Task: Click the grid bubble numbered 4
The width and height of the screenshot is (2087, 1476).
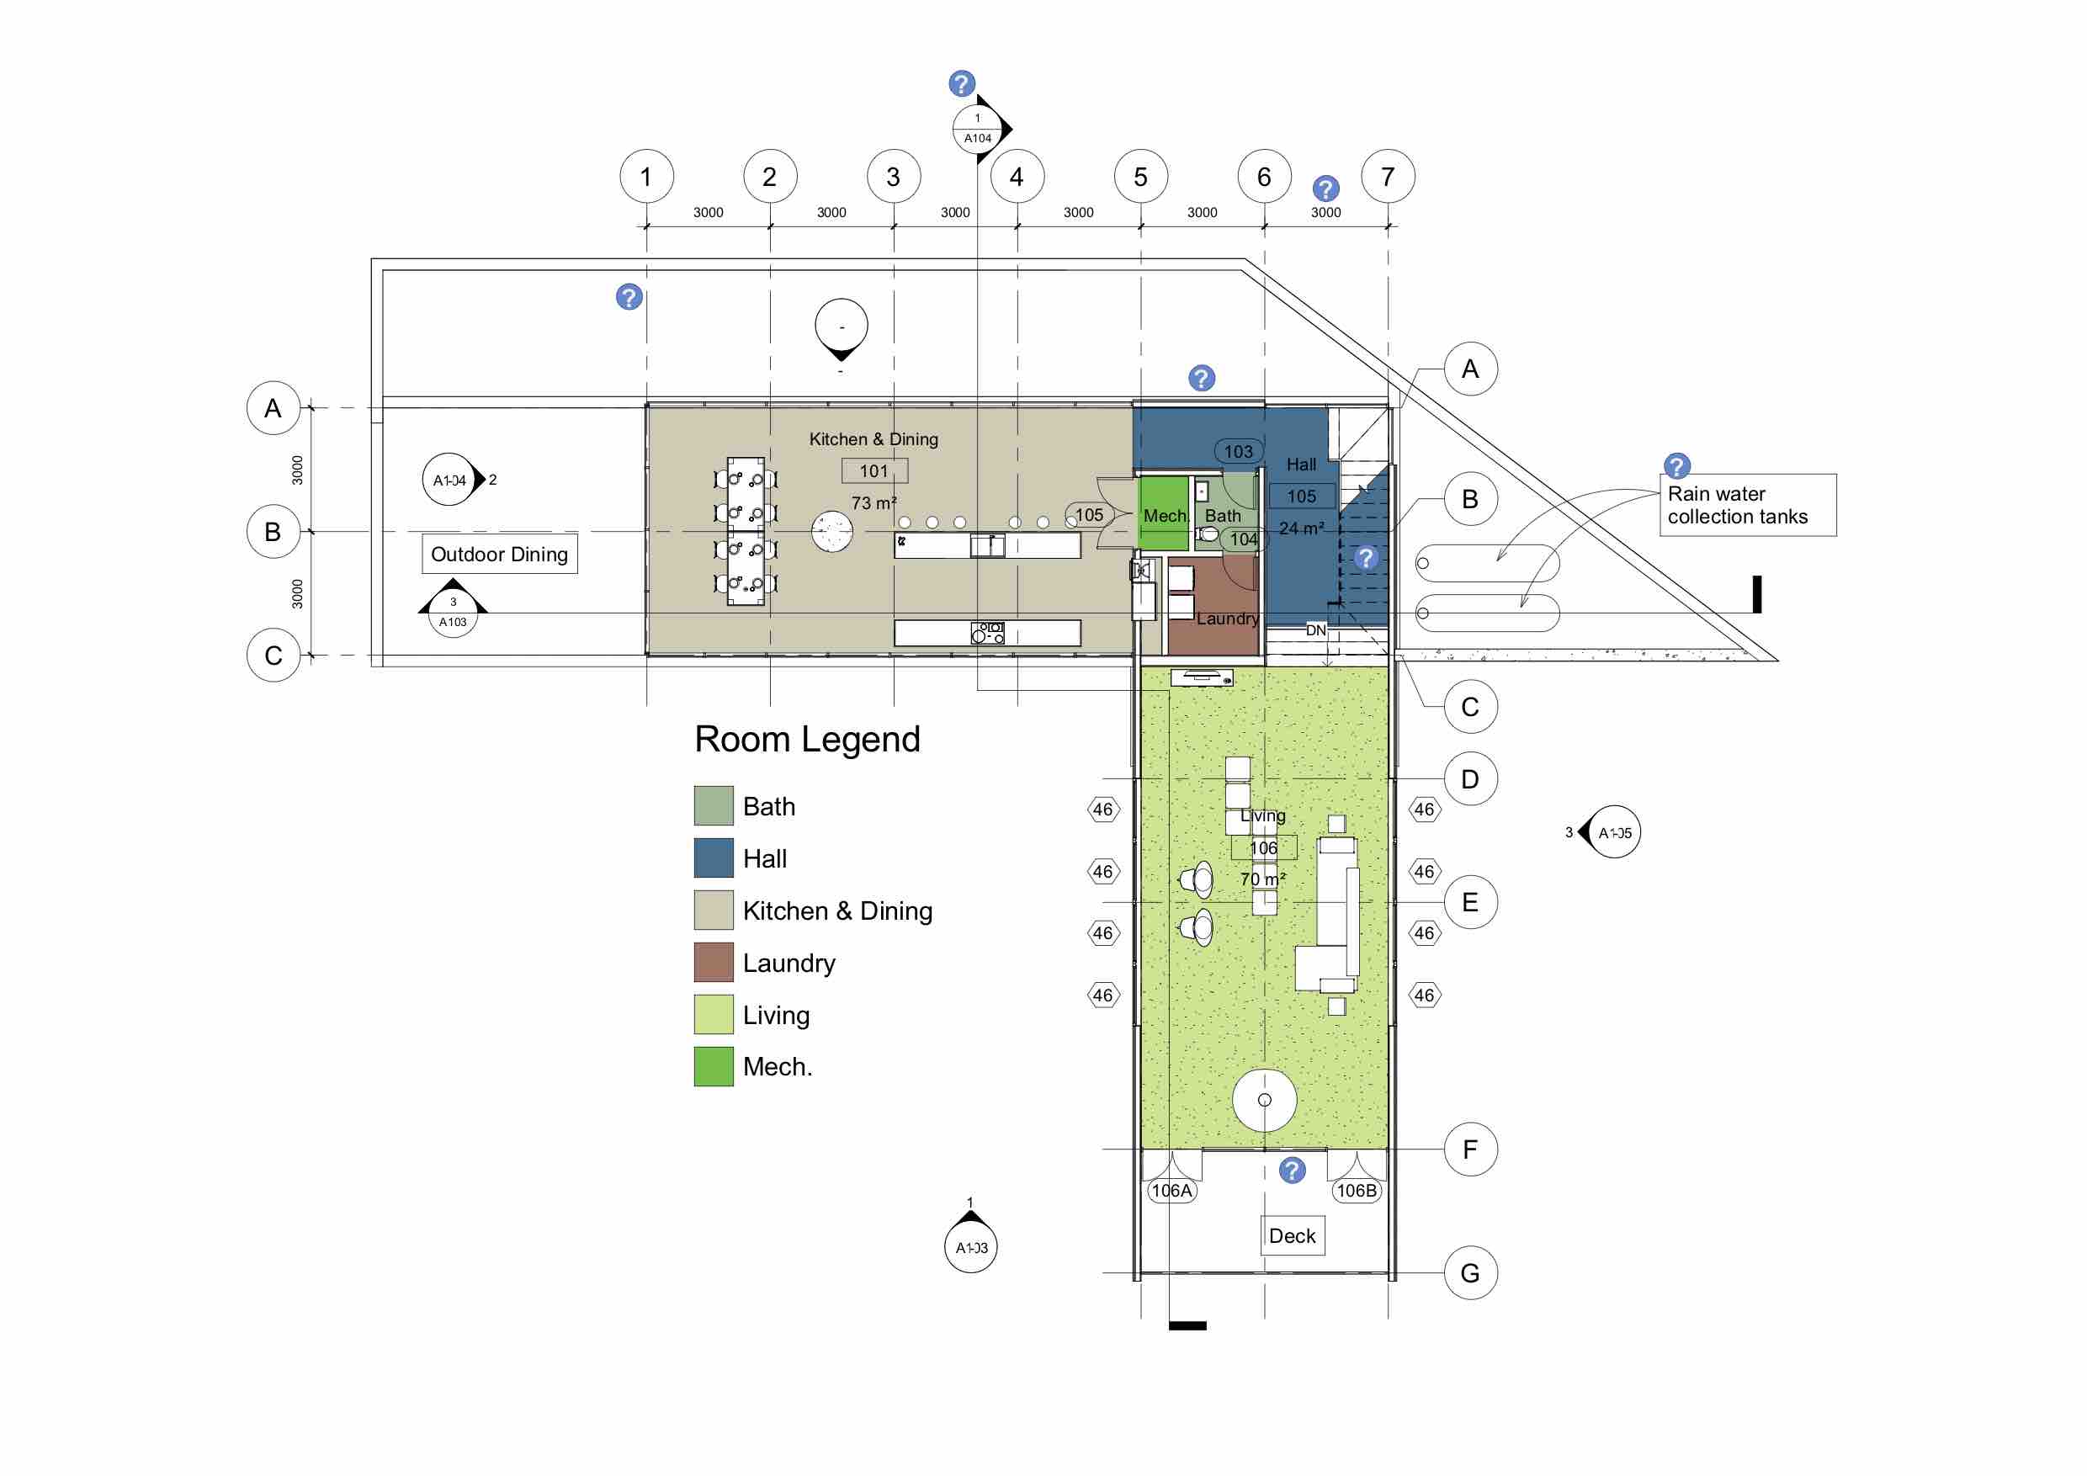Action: (1017, 177)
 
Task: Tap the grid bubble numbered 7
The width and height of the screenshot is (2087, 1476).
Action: (1387, 177)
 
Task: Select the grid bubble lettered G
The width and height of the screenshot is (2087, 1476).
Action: (1470, 1272)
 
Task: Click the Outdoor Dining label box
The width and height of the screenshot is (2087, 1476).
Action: (499, 555)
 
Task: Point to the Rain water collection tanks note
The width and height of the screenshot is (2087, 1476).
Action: (1747, 506)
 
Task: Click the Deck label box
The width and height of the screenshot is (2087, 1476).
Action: (1292, 1236)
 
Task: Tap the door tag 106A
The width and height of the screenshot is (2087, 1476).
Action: (1171, 1191)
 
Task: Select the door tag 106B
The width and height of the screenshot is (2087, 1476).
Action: (1357, 1191)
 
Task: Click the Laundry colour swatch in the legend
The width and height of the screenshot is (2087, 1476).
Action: (714, 963)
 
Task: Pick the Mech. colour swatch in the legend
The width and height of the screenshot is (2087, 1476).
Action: (714, 1066)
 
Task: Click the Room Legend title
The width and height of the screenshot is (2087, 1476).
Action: (807, 740)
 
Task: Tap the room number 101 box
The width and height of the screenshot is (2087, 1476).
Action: (874, 470)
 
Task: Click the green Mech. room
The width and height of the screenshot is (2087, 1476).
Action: (1164, 513)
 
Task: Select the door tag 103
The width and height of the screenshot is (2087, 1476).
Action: (1238, 452)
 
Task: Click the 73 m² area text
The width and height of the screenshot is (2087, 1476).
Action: (874, 502)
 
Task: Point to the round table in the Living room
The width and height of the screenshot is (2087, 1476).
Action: (1263, 1100)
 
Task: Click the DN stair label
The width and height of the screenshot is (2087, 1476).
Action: (1315, 629)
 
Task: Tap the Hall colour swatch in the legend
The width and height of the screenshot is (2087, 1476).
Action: (714, 858)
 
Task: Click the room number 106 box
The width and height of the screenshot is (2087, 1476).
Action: (1263, 848)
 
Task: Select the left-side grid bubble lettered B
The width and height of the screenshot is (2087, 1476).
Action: (273, 532)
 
